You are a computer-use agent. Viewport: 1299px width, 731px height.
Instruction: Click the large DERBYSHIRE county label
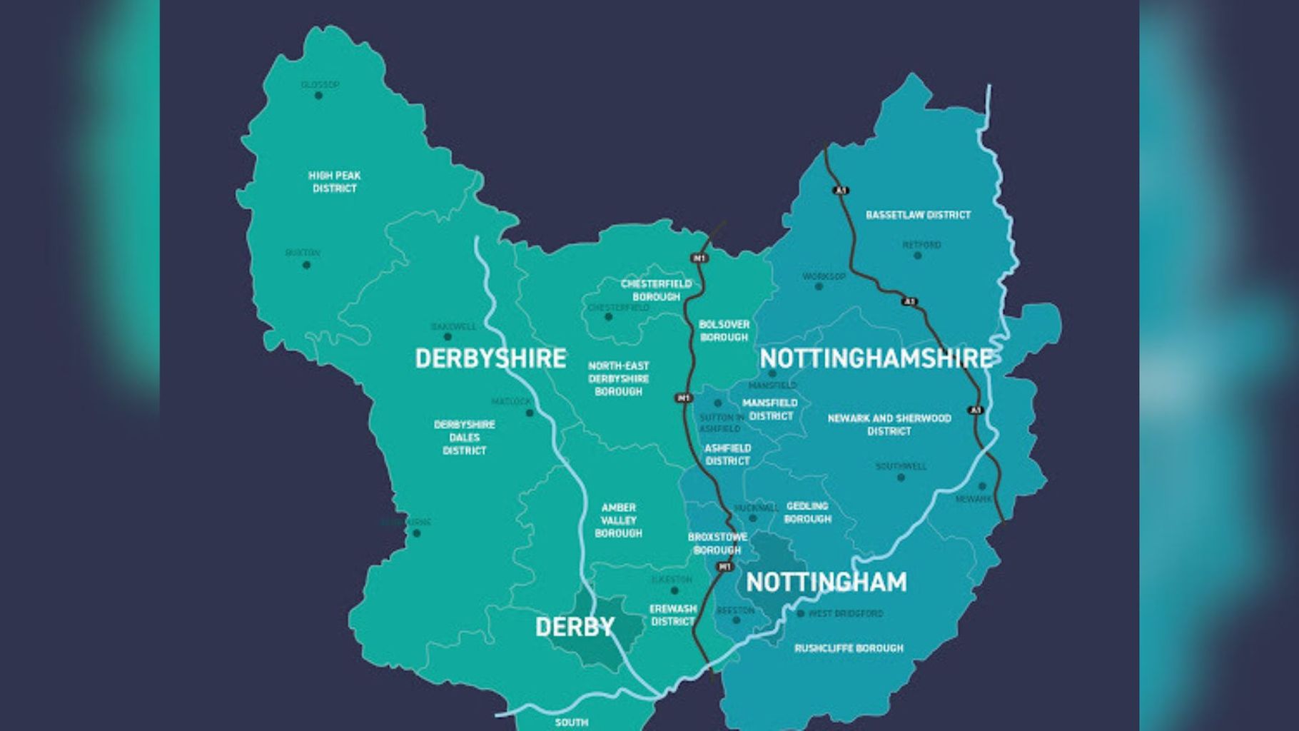(x=490, y=358)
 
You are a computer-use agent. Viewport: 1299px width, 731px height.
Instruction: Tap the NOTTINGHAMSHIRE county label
(x=876, y=358)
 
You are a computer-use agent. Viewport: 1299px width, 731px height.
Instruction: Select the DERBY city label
(x=575, y=627)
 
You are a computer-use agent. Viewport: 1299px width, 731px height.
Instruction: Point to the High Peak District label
(x=334, y=182)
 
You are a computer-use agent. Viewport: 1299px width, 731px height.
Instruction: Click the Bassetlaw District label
(x=918, y=215)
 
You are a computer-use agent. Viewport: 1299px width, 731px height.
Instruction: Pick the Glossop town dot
(x=318, y=96)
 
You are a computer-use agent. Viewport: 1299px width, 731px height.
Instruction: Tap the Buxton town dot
(x=306, y=265)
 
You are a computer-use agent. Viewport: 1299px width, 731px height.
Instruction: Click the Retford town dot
(x=918, y=256)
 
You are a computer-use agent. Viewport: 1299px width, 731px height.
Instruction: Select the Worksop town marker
(x=819, y=286)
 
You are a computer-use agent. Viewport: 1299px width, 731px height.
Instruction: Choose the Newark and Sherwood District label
(x=889, y=425)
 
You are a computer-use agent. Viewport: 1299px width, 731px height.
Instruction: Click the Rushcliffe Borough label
(x=849, y=648)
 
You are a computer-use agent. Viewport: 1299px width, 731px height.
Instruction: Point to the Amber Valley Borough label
(x=618, y=520)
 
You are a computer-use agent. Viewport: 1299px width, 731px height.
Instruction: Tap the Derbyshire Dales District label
(x=464, y=438)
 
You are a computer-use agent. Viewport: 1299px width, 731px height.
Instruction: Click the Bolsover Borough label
(x=724, y=331)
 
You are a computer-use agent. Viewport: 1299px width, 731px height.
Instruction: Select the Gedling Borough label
(x=807, y=513)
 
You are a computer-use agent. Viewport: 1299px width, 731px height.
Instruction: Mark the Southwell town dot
(x=901, y=478)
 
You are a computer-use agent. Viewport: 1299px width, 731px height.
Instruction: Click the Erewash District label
(x=673, y=615)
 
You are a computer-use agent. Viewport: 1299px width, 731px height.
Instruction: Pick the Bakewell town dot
(x=448, y=337)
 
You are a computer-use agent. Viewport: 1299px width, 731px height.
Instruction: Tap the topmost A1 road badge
(x=841, y=191)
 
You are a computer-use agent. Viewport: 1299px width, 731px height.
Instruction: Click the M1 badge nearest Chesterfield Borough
(x=699, y=258)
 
